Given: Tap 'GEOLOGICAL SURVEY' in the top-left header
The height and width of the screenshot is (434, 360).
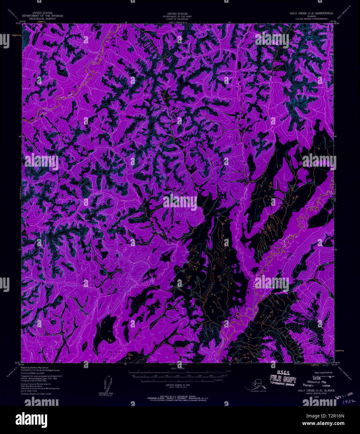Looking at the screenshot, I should [x=42, y=19].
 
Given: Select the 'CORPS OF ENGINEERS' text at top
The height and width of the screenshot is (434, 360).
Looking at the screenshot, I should [x=177, y=19].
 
